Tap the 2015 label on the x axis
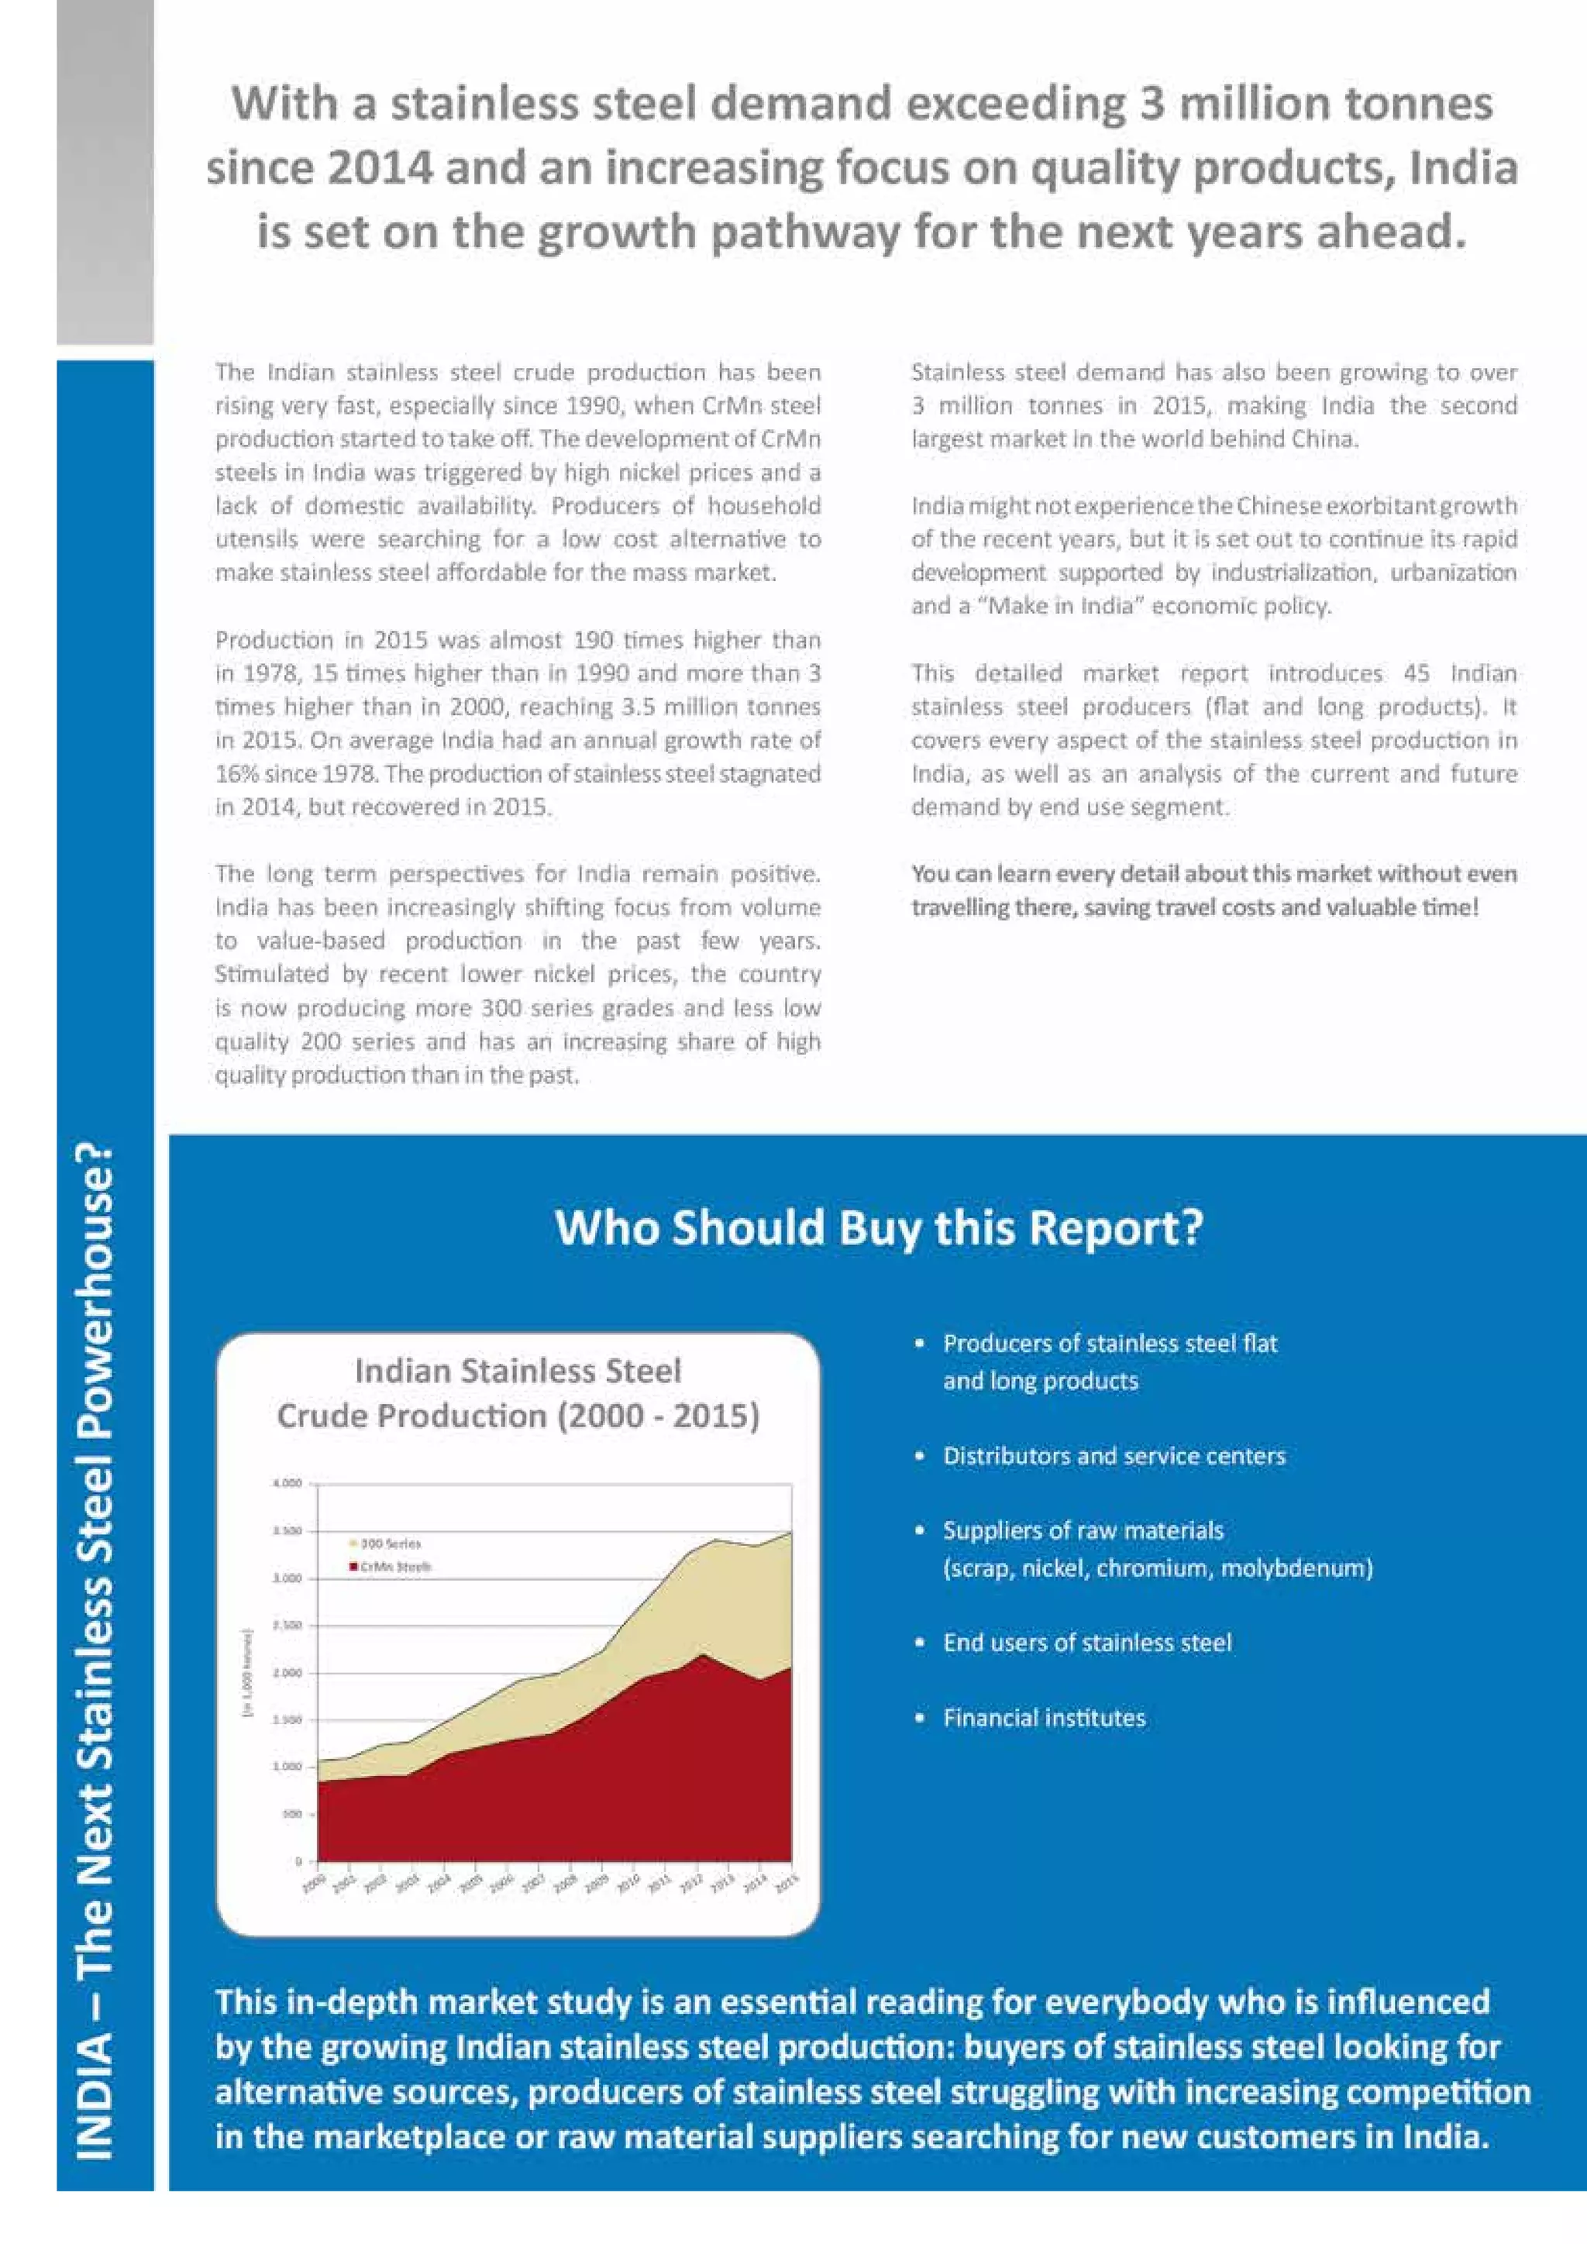[x=787, y=1884]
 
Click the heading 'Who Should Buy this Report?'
[x=879, y=1227]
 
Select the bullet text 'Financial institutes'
[x=1044, y=1717]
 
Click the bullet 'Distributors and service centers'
[x=1114, y=1456]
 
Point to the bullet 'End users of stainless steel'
[x=1086, y=1643]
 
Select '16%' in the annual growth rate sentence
[x=236, y=774]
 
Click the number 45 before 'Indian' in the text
[x=1416, y=673]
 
